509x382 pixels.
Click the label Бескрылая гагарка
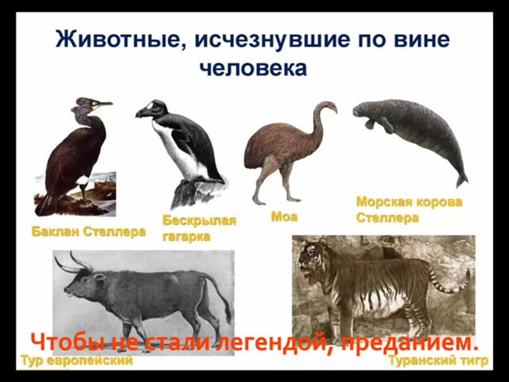(x=199, y=228)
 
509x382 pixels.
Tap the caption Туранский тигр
(x=438, y=361)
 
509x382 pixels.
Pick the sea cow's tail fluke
(x=461, y=180)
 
